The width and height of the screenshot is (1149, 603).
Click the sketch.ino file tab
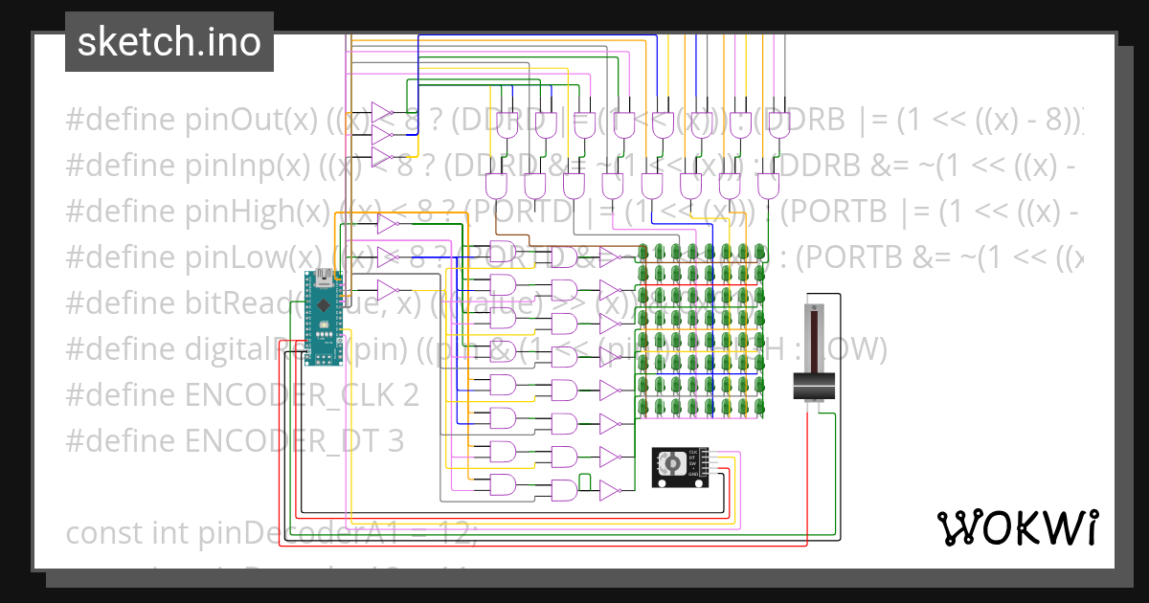tap(169, 42)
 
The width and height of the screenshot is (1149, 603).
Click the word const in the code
tap(103, 532)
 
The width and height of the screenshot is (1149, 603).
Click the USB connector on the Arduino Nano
tap(325, 278)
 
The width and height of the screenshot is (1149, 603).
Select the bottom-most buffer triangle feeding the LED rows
tap(609, 491)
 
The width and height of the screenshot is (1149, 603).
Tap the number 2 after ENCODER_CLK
tap(410, 395)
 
